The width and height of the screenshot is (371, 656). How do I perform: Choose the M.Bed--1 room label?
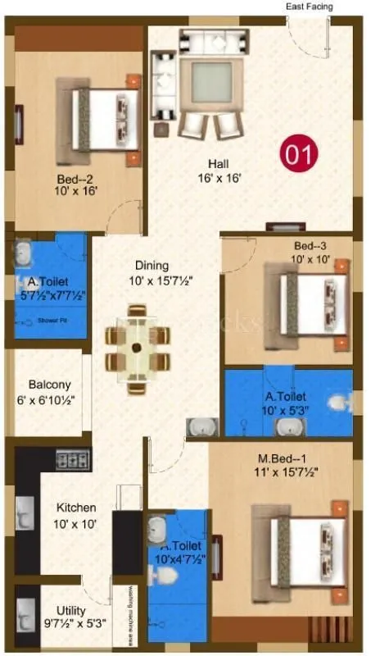[285, 464]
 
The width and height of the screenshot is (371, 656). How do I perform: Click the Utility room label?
[65, 617]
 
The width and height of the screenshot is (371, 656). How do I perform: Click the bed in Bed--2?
[102, 115]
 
